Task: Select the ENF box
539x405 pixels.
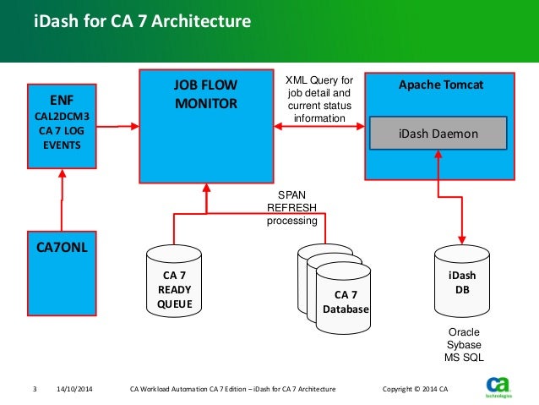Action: point(63,126)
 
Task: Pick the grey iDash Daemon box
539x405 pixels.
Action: point(438,134)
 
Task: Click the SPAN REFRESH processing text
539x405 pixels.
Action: point(291,207)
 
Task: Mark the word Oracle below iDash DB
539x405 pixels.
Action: point(462,332)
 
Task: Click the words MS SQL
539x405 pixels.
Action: point(462,358)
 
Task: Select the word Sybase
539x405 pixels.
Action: point(462,345)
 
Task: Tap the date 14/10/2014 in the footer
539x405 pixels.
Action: point(74,389)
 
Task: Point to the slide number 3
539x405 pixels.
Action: point(35,389)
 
